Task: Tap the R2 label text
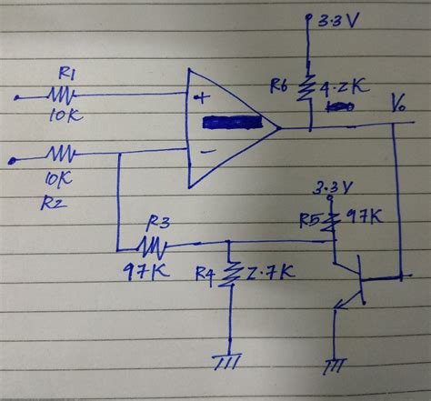point(53,203)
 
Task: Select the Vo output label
point(398,103)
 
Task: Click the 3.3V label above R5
point(333,190)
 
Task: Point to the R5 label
point(311,218)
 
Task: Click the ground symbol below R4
point(226,361)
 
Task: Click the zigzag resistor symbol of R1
point(62,94)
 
